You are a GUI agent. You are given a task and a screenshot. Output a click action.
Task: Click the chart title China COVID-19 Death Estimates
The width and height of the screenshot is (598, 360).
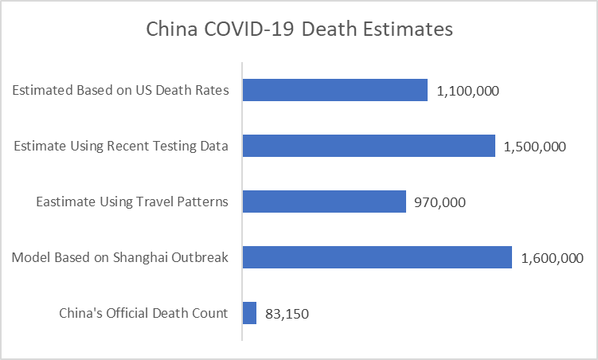click(299, 30)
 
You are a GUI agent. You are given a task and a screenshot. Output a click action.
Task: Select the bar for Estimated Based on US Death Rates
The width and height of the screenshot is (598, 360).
click(334, 90)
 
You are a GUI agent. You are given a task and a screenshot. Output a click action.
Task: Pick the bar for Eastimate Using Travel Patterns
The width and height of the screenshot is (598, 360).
click(324, 202)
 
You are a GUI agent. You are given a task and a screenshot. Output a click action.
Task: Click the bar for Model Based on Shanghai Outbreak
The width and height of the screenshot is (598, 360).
click(377, 257)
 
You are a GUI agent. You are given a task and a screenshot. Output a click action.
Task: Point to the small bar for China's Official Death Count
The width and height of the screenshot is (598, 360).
click(249, 313)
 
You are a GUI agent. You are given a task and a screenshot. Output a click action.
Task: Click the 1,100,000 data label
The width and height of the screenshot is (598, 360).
click(468, 91)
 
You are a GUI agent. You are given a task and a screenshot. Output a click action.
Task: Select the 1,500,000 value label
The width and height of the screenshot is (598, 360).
click(535, 147)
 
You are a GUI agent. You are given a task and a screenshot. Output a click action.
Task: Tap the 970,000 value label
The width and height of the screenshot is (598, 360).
click(440, 202)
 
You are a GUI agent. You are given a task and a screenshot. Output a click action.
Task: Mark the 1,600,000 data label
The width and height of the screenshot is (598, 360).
click(552, 258)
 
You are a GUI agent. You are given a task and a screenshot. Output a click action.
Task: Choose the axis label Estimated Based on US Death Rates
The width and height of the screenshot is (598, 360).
click(121, 90)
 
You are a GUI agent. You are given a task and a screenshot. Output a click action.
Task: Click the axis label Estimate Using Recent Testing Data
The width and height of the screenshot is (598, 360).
click(122, 146)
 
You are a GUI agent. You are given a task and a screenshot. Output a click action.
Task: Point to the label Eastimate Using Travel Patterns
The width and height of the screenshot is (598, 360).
click(132, 202)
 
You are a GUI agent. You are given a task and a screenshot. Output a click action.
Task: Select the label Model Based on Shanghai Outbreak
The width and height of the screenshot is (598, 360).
click(120, 257)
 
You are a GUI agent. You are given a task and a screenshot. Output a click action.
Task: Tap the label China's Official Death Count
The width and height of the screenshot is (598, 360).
click(144, 313)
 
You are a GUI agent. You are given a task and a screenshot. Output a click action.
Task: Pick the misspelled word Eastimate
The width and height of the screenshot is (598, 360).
click(64, 202)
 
